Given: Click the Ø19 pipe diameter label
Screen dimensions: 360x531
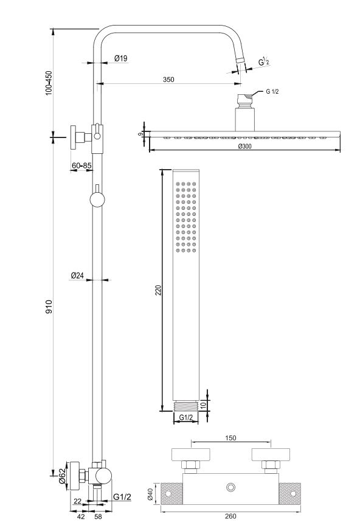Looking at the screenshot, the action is coord(121,58).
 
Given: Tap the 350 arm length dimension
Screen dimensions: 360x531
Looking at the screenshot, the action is coord(168,80).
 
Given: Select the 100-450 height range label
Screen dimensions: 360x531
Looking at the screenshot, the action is coord(49,83).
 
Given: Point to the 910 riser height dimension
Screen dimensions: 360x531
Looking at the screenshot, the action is coord(49,307).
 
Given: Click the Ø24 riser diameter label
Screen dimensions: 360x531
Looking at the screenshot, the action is coord(77,276).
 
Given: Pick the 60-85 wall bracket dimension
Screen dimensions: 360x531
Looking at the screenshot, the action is coord(81,165).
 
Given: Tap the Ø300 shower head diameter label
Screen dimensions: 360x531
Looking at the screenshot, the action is coord(244,147).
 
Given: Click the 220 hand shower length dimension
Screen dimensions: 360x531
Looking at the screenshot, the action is coord(159,290).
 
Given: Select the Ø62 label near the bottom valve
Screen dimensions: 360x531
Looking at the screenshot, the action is coord(61,476).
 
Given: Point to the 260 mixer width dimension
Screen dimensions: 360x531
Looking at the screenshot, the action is coord(230,516).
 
